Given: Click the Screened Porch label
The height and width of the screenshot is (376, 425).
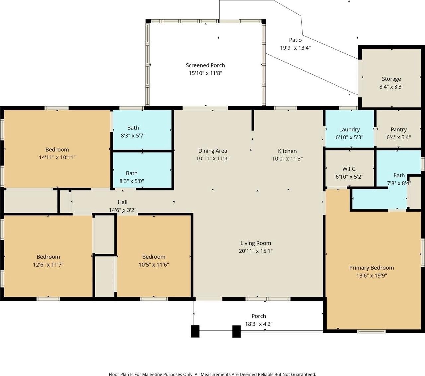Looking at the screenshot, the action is coord(205,65).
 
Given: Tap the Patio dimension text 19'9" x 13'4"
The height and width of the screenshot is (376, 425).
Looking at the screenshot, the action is coord(295,48).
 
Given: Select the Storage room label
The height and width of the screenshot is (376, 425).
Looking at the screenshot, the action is coord(391,79).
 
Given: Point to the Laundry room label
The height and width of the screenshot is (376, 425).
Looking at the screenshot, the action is coord(349,129).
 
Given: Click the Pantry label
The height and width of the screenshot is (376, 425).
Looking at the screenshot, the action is coord(398,129).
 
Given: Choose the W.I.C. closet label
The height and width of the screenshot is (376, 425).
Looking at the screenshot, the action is coord(349,169).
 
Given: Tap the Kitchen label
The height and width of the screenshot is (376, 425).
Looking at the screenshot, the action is coord(287,151).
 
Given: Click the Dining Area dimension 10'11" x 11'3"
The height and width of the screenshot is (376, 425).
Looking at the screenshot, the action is coord(213,158).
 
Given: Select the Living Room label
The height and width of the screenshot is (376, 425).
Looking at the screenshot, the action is coord(256,243).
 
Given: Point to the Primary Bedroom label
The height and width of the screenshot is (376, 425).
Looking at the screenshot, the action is coord(371,268).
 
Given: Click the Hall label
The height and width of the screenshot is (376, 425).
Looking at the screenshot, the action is coord(123,202).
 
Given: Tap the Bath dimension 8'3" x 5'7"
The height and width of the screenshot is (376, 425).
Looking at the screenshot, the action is coord(133,136).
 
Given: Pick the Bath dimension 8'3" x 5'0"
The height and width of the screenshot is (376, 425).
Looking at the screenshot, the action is coord(132,181).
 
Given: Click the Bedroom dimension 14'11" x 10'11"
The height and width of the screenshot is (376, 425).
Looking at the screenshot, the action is coord(57,157).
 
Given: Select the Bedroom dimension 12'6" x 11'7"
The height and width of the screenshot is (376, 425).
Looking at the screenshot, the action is coord(48,264).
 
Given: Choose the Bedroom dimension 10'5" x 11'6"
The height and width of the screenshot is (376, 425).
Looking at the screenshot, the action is coord(154,264).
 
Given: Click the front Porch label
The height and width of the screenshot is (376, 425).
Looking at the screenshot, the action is coord(259,316).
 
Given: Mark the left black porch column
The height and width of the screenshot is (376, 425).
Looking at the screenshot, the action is coord(195,331).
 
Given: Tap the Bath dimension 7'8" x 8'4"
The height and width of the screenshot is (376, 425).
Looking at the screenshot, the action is coord(399,183).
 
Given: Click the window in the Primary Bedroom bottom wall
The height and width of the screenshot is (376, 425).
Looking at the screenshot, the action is coord(371,331).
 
